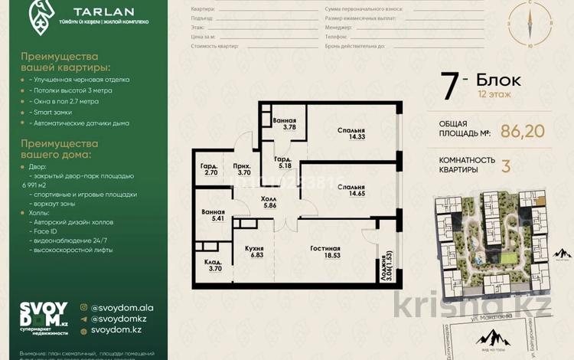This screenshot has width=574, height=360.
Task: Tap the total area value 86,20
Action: pyautogui.click(x=522, y=131)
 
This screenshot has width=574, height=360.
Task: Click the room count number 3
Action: pyautogui.click(x=505, y=166)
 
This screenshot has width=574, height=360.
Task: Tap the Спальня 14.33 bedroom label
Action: pyautogui.click(x=350, y=135)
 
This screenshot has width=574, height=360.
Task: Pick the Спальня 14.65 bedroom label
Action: pyautogui.click(x=350, y=191)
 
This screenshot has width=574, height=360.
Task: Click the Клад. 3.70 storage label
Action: pyautogui.click(x=214, y=265)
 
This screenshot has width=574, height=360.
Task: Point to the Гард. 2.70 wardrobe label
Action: pyautogui.click(x=210, y=169)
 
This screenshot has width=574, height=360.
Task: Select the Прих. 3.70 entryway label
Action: pyautogui.click(x=244, y=169)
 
